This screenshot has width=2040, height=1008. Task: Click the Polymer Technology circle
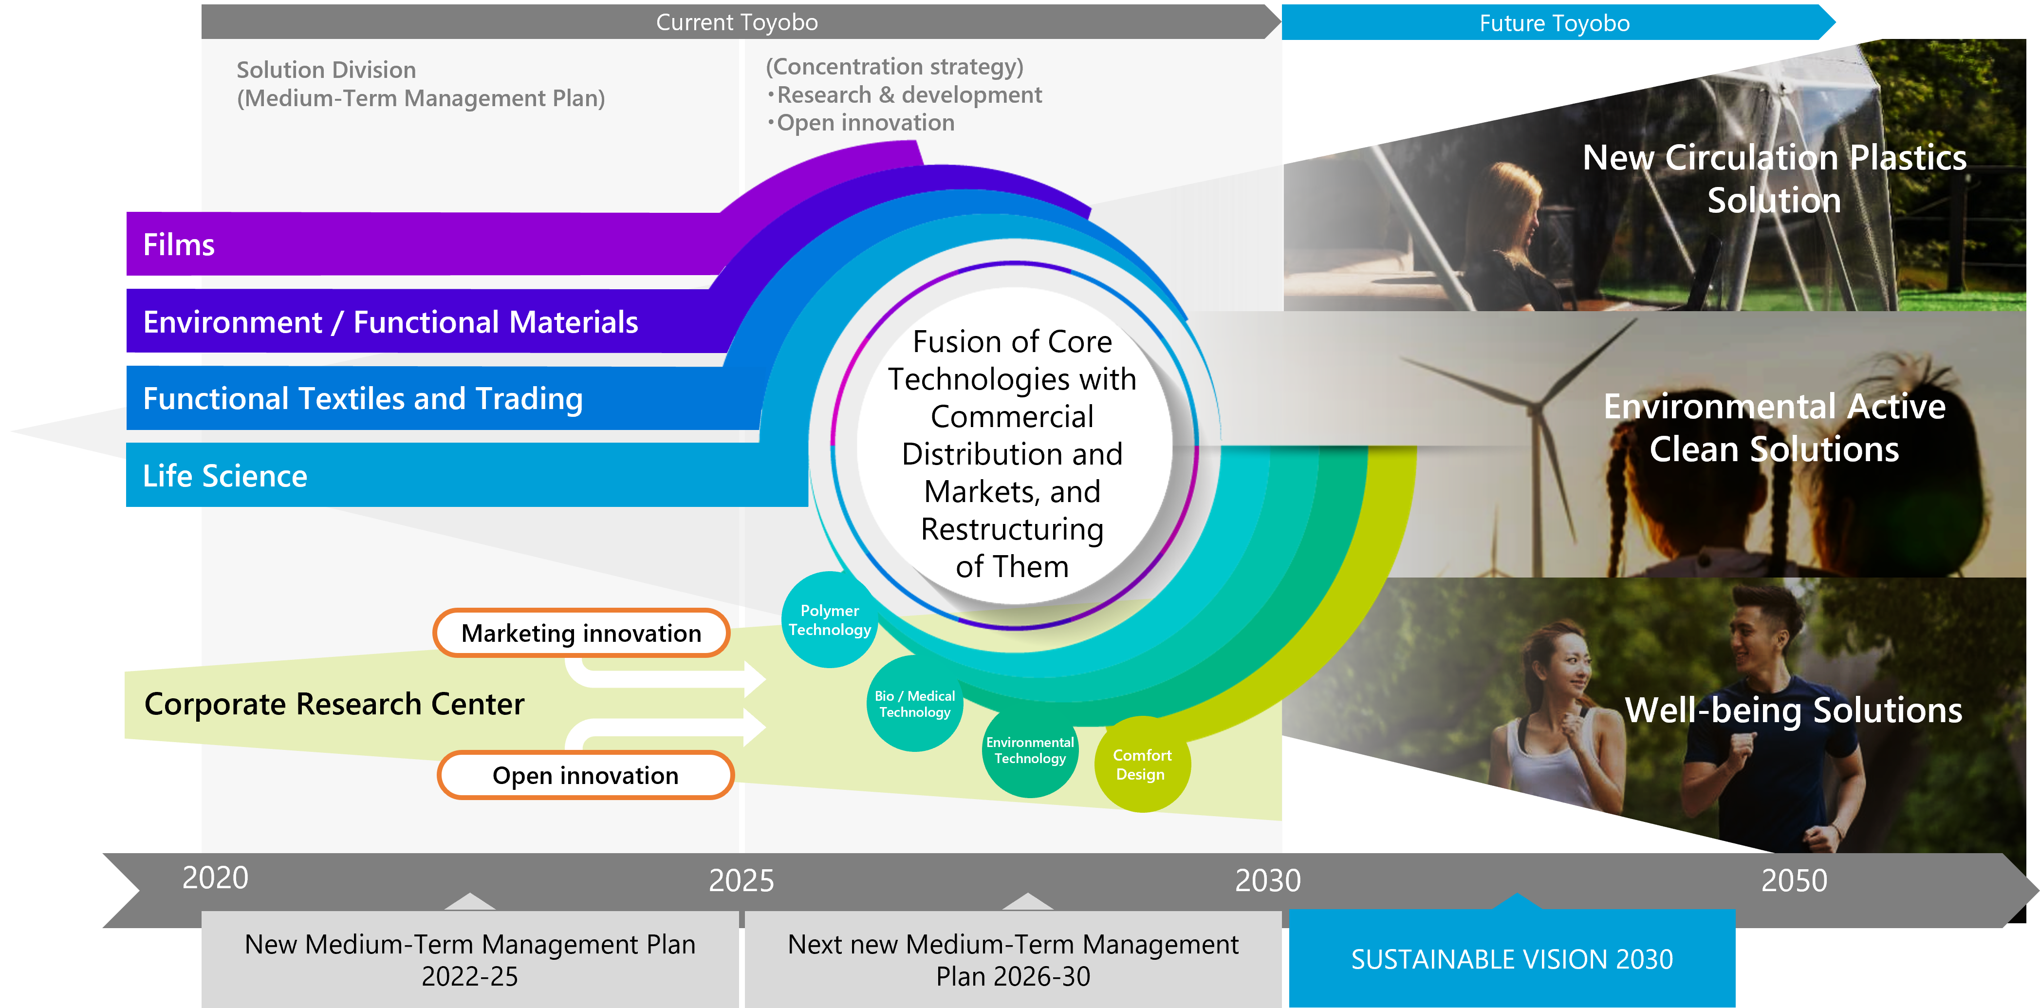click(x=829, y=620)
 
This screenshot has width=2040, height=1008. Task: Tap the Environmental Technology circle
click(x=1030, y=750)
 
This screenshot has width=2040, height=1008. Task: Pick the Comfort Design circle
click(x=1141, y=764)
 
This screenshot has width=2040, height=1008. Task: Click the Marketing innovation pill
click(x=581, y=633)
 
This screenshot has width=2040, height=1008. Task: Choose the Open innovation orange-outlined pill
click(x=585, y=775)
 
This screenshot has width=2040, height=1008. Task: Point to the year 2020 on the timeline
click(x=215, y=877)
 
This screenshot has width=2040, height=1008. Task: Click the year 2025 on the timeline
click(x=741, y=880)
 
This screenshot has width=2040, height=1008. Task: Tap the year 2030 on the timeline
click(x=1268, y=880)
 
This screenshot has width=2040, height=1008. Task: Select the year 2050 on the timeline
click(x=1794, y=880)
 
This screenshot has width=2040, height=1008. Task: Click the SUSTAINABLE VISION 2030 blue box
click(x=1512, y=958)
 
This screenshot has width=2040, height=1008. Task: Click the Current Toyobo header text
click(x=737, y=22)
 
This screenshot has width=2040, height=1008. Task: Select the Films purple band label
click(x=179, y=244)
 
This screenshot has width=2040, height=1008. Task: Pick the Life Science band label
click(x=225, y=476)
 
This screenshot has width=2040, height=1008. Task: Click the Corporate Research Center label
click(x=334, y=704)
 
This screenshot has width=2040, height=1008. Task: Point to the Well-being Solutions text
click(x=1794, y=710)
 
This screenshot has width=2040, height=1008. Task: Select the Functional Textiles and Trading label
click(x=363, y=399)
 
